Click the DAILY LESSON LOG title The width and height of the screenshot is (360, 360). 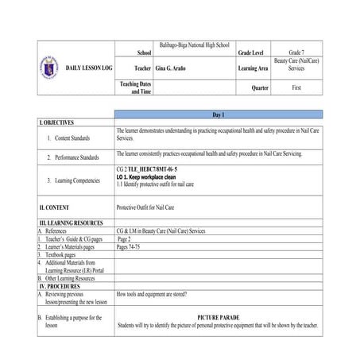click(89, 68)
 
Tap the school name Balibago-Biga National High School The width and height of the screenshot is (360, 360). click(195, 46)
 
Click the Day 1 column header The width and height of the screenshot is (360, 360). click(218, 115)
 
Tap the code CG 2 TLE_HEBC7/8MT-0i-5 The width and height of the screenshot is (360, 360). click(146, 170)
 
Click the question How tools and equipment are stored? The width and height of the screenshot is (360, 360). click(152, 294)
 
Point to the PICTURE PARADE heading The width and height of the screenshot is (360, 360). click(218, 317)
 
